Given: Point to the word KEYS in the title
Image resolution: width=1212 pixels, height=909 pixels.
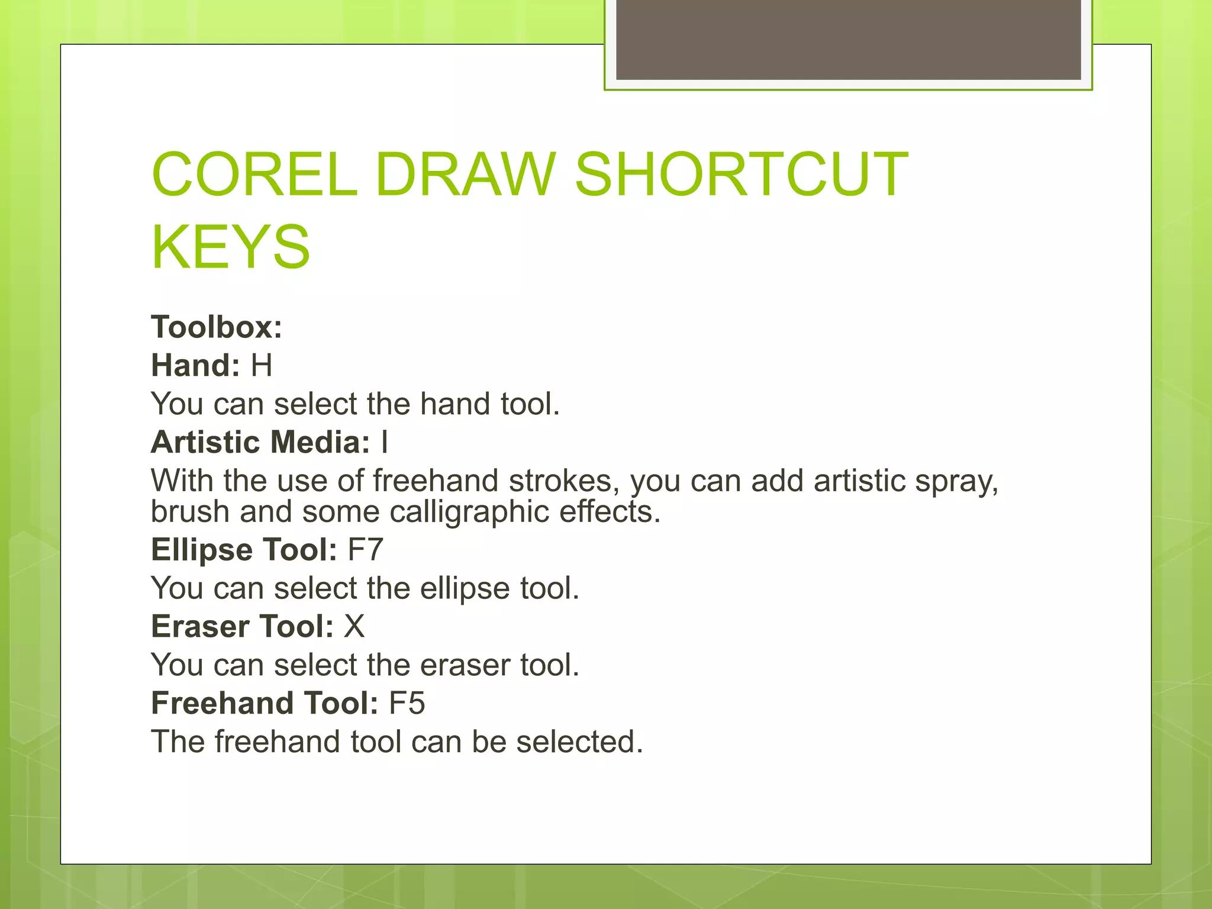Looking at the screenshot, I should [231, 247].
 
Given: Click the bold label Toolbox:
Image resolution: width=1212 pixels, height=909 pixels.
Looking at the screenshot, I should [217, 327].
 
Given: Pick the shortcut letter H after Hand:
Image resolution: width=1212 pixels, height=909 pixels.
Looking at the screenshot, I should [262, 365].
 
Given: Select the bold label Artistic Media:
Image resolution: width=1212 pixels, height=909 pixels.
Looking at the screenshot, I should [260, 442].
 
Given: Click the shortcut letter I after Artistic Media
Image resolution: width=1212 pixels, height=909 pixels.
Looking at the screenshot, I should [385, 442].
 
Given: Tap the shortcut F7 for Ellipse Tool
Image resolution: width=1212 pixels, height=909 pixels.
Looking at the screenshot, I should [365, 550].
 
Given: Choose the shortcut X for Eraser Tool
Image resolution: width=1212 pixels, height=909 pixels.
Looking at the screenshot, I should [354, 626].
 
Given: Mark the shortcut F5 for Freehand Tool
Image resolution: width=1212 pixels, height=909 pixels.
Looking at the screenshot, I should [407, 703].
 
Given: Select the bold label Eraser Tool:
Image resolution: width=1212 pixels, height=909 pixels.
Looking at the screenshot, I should [243, 626].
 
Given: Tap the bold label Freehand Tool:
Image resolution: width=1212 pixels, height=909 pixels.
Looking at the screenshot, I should [265, 703].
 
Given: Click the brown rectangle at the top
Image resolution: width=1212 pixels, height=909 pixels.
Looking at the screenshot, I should [848, 39].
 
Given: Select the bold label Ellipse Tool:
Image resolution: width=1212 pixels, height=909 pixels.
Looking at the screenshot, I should [244, 550].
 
